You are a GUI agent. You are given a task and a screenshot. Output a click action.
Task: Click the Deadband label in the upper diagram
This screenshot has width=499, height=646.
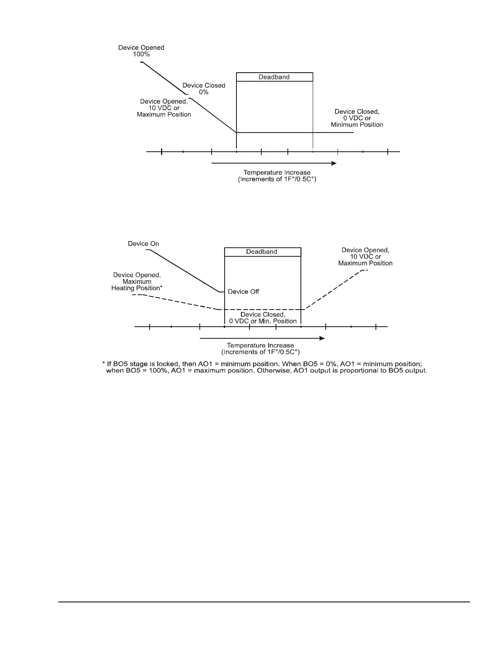274,77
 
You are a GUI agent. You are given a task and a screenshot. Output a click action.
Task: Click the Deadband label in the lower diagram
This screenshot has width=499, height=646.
261,252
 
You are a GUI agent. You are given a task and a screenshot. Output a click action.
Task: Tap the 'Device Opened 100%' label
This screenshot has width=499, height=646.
141,51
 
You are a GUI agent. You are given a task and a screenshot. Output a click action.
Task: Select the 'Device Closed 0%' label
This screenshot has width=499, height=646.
203,88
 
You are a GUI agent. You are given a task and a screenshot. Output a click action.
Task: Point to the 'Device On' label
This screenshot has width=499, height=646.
144,243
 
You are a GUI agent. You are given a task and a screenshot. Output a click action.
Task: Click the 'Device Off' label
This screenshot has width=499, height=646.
243,292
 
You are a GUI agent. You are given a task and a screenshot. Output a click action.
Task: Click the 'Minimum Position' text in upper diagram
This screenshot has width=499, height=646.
357,125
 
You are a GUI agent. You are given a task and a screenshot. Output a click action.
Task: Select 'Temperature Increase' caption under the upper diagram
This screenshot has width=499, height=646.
277,173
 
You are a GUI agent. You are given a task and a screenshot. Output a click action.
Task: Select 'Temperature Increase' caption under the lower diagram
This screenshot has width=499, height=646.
260,345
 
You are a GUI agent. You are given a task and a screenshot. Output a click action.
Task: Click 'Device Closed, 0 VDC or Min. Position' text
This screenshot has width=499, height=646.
263,318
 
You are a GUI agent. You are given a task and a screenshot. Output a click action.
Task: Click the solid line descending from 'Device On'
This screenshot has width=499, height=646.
183,271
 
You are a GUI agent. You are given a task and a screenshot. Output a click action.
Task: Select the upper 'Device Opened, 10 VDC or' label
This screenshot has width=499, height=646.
164,105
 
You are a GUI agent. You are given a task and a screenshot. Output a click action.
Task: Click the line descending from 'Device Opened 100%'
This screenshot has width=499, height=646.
163,78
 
